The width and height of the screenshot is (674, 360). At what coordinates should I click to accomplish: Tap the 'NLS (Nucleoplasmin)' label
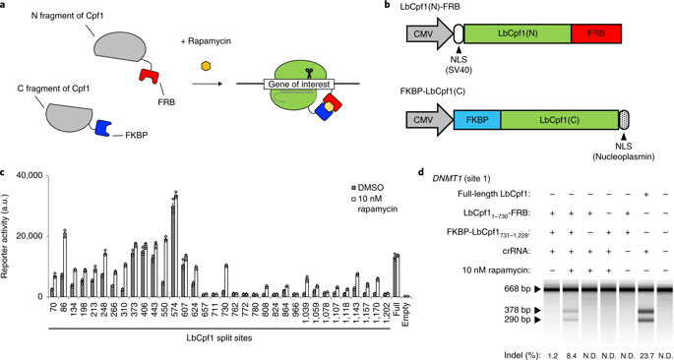pyautogui.click(x=635, y=155)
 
